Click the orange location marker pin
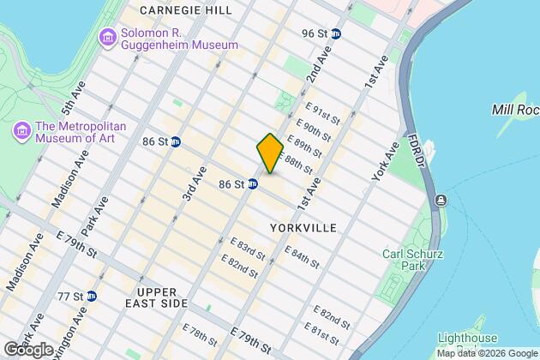[270, 153]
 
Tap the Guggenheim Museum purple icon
[108, 37]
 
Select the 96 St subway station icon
[337, 33]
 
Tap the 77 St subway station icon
[91, 296]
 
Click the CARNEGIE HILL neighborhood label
[185, 9]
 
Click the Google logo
[27, 349]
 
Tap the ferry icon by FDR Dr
[441, 201]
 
